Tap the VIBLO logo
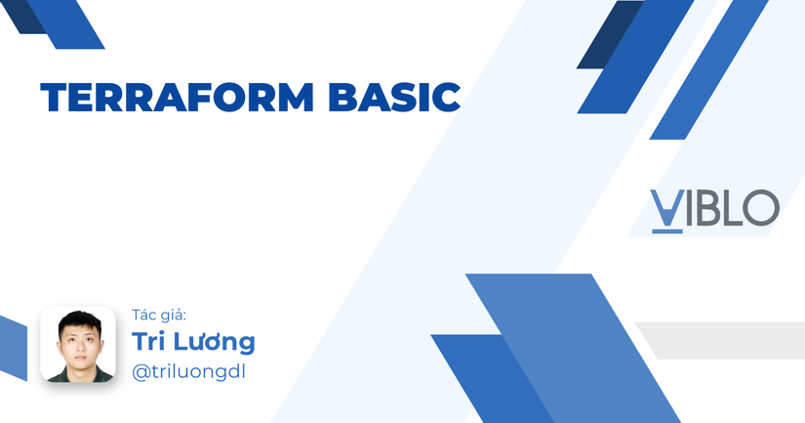click(714, 208)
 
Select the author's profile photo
click(78, 345)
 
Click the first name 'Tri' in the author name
click(150, 342)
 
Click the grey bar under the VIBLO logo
click(722, 339)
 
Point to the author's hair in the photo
click(78, 320)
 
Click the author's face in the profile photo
click(78, 341)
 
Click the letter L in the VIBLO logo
click(731, 208)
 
